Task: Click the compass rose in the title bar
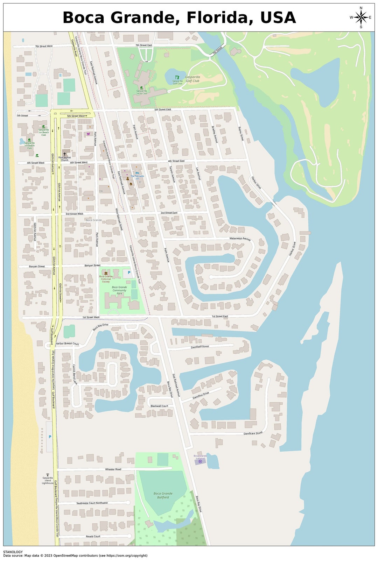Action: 360,17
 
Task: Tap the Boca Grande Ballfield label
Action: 163,495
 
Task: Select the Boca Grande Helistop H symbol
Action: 200,461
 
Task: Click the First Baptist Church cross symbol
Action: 64,154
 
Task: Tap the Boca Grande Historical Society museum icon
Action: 106,273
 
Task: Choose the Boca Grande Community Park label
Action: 119,290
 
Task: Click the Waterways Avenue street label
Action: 240,239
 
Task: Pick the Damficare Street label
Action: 253,433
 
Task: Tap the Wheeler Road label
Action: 113,469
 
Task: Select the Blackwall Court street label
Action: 159,406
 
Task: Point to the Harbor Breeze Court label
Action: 67,344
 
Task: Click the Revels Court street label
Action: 93,536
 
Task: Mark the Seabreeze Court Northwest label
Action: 92,503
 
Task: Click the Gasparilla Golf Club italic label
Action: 192,79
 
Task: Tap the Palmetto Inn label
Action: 137,177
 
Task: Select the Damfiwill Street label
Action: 200,347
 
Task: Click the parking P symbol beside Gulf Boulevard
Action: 50,437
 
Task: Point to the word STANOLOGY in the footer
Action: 13,552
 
